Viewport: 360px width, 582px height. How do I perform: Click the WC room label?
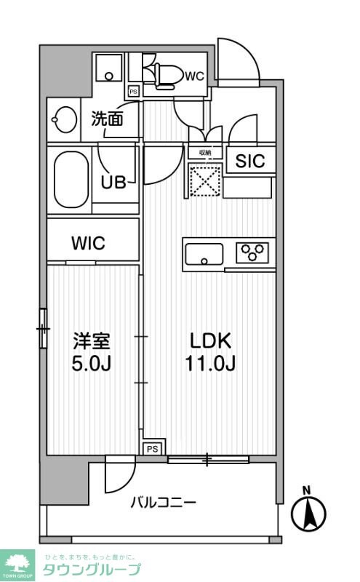tap(194, 76)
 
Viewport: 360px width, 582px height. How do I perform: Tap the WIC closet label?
tap(88, 243)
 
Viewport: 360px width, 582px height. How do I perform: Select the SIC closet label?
tap(249, 162)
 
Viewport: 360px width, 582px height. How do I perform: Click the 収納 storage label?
tap(205, 153)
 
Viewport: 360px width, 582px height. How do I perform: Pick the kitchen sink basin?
tap(204, 254)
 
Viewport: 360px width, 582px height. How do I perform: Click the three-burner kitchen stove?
tap(253, 252)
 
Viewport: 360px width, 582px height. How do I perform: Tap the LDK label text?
tap(210, 340)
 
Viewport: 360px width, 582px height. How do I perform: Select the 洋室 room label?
tap(92, 340)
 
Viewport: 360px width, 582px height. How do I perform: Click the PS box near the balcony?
tap(153, 449)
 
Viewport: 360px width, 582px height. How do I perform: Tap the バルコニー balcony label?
tap(164, 502)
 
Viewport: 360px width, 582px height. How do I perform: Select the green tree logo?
tap(20, 562)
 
